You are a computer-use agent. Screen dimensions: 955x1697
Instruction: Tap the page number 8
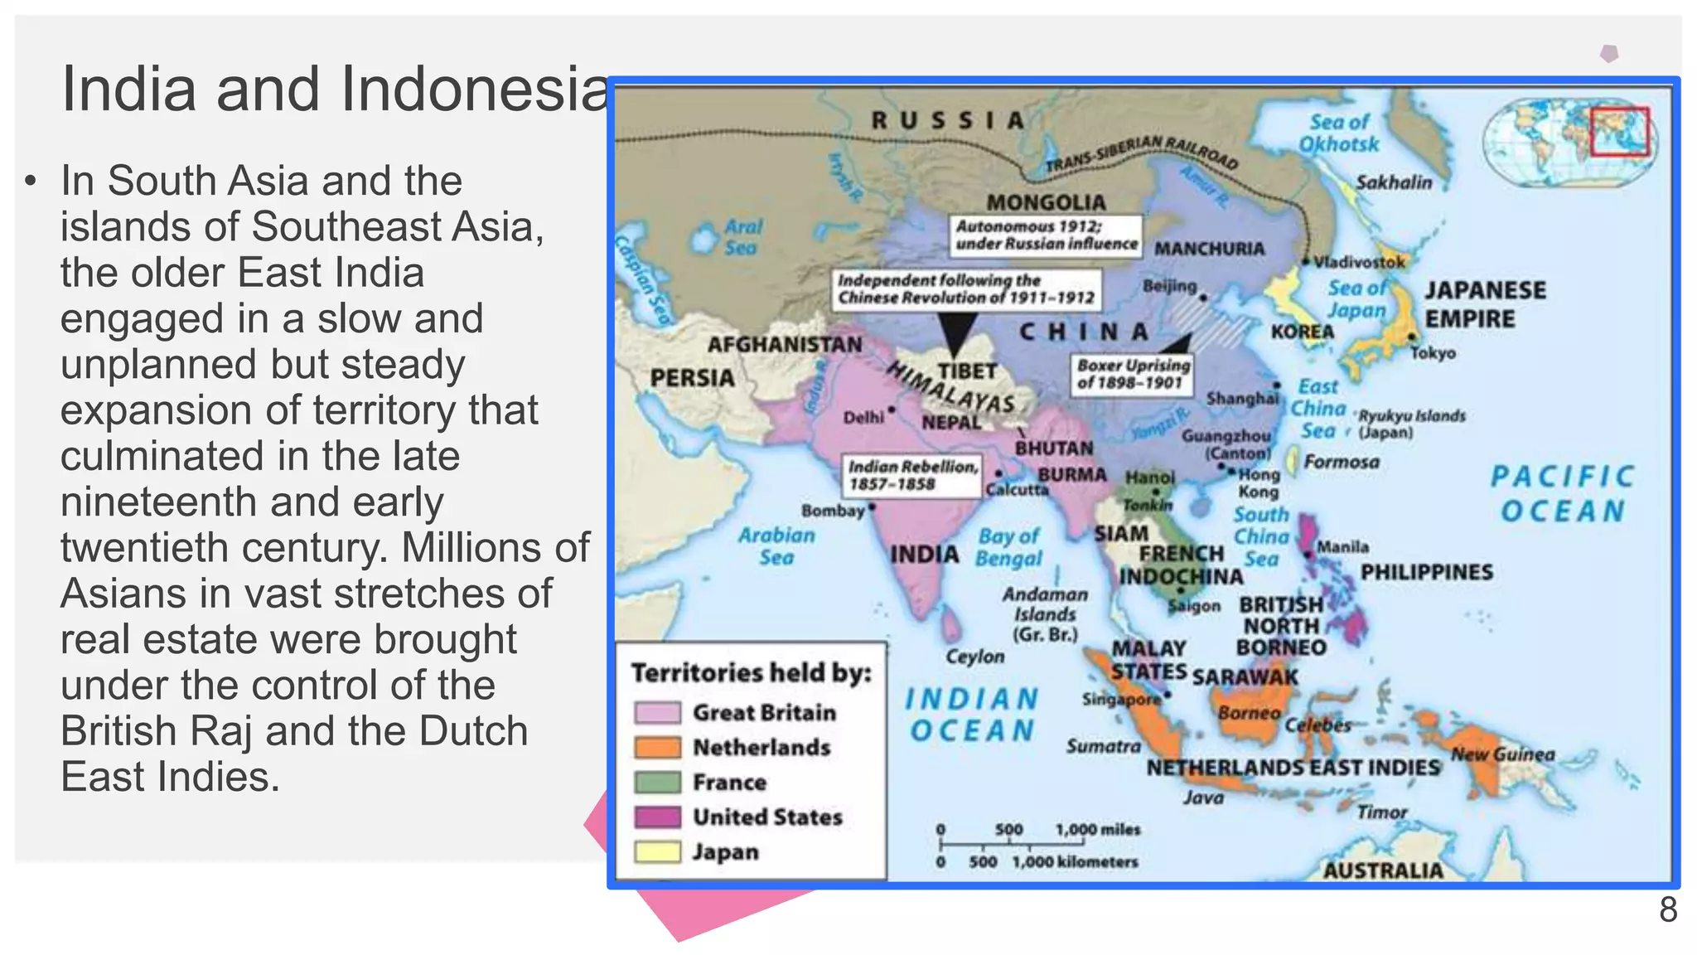pyautogui.click(x=1667, y=910)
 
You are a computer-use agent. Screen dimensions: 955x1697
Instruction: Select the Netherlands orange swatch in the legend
pyautogui.click(x=657, y=748)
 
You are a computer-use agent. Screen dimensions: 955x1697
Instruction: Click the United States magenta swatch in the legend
pyautogui.click(x=657, y=817)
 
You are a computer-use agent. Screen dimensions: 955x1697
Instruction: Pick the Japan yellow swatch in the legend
pyautogui.click(x=657, y=852)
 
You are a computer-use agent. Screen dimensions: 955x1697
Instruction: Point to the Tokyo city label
pyautogui.click(x=1433, y=353)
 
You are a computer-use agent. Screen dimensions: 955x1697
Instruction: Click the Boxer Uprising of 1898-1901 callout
pyautogui.click(x=1133, y=374)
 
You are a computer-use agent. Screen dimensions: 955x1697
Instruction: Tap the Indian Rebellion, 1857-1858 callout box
pyautogui.click(x=911, y=475)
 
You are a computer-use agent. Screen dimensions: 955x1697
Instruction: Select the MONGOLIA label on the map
pyautogui.click(x=1046, y=202)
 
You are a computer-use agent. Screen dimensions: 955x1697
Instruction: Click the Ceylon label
pyautogui.click(x=974, y=657)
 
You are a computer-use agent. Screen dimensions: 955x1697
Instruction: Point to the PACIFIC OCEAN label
pyautogui.click(x=1562, y=494)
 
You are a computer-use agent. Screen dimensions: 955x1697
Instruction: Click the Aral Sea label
pyautogui.click(x=742, y=237)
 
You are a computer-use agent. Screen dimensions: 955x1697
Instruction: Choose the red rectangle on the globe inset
pyautogui.click(x=1619, y=131)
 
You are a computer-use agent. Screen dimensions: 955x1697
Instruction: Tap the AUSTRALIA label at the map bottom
pyautogui.click(x=1382, y=870)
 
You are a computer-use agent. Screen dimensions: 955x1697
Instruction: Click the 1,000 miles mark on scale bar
pyautogui.click(x=1097, y=830)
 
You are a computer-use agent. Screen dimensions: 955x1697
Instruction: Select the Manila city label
pyautogui.click(x=1342, y=547)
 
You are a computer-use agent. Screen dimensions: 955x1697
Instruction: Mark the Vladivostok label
pyautogui.click(x=1359, y=262)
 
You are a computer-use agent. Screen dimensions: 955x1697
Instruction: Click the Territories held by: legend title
pyautogui.click(x=751, y=672)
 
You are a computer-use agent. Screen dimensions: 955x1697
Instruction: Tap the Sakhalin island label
pyautogui.click(x=1393, y=182)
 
